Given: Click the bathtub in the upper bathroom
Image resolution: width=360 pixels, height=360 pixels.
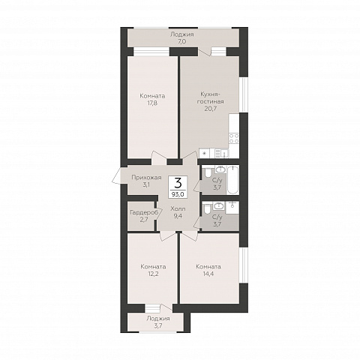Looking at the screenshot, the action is pos(232,179).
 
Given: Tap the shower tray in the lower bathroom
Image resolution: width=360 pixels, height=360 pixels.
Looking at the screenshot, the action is pos(232,208).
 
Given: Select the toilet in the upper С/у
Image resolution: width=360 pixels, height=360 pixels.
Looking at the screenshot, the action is pos(207,172).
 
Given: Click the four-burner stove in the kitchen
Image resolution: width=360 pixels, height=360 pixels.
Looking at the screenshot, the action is pos(234,138).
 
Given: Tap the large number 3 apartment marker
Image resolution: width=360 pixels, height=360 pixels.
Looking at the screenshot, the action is pos(178,184).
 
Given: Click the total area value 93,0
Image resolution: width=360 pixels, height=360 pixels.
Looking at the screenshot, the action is pos(178,194).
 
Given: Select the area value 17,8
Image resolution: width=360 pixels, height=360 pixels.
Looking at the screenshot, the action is pos(152,103).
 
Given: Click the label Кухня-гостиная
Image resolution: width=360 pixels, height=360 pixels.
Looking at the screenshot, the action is pos(210,97).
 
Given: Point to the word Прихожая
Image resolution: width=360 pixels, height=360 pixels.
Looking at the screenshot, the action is pos(146,178).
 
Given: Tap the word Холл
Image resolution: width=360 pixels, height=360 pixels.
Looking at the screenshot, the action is pos(178,208).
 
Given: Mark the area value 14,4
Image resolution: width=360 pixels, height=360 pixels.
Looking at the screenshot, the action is pos(208,274).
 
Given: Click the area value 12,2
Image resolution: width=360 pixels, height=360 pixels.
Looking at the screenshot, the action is pos(153,274).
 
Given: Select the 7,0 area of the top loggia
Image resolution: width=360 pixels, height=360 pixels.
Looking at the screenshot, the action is pos(181,41).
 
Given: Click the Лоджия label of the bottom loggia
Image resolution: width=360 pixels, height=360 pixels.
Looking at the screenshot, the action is pos(158,319).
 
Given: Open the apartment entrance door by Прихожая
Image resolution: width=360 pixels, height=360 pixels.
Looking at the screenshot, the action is pos(118,175).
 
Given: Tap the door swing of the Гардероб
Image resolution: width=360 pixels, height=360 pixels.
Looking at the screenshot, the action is pos(158,214).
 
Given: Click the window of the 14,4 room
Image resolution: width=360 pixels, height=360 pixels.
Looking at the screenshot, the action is pos(243,265).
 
